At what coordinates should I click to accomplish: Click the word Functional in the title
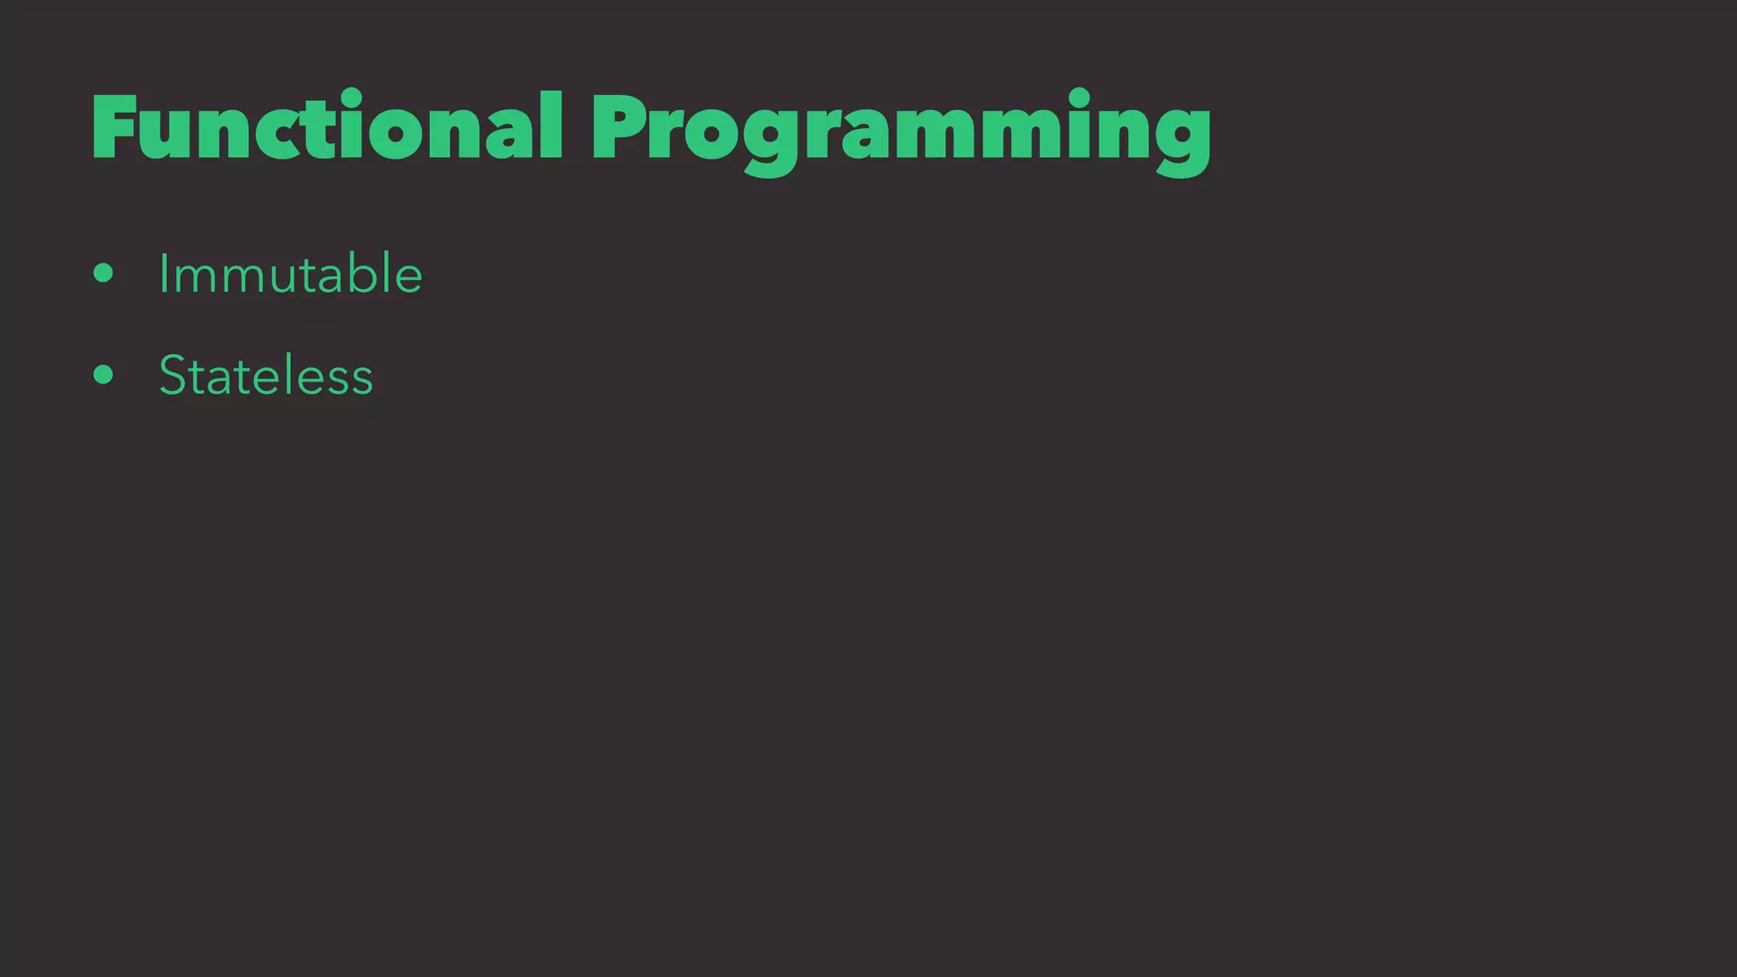click(327, 127)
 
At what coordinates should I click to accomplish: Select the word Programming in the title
click(901, 131)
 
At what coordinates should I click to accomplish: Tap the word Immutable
click(290, 274)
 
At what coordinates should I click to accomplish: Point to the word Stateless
click(265, 376)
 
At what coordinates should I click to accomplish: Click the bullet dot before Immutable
click(103, 273)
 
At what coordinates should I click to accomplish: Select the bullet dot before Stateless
click(103, 375)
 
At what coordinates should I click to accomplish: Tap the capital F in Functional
click(114, 127)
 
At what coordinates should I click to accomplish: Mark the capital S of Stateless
click(174, 376)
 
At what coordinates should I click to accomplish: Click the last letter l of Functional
click(551, 126)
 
